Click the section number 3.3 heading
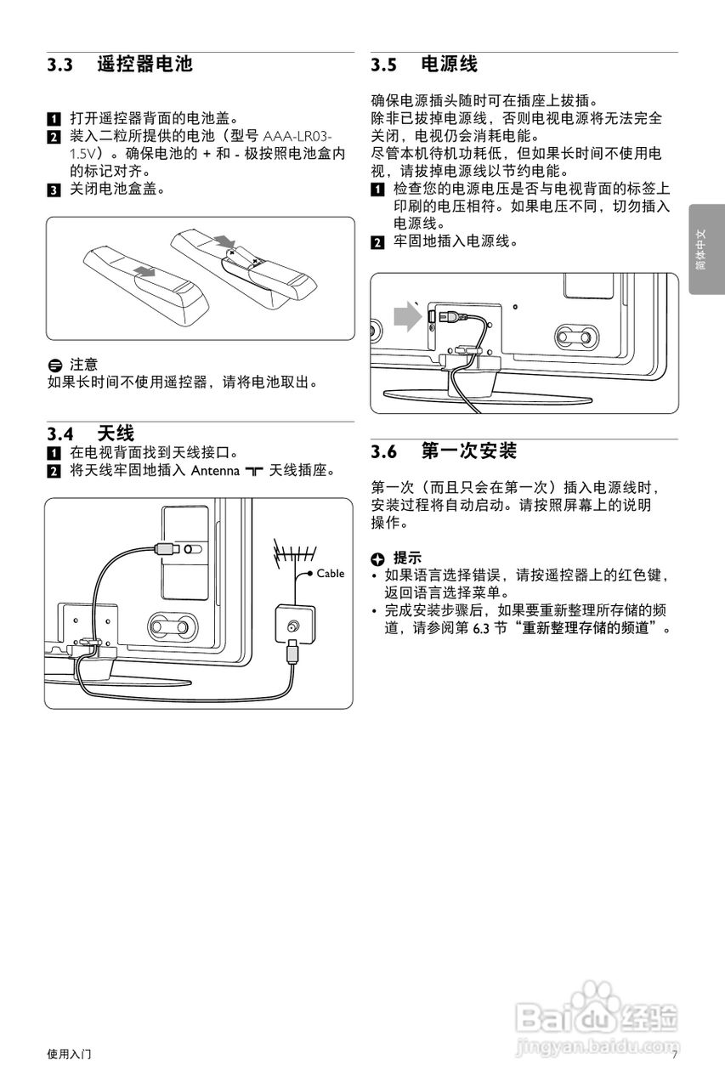pyautogui.click(x=61, y=65)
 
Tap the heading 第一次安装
pyautogui.click(x=469, y=450)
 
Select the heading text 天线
pyautogui.click(x=116, y=434)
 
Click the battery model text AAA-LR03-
pyautogui.click(x=298, y=137)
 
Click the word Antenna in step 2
pyautogui.click(x=215, y=471)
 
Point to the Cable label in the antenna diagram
pyautogui.click(x=331, y=574)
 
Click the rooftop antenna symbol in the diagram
pyautogui.click(x=289, y=557)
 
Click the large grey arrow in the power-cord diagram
pyautogui.click(x=408, y=319)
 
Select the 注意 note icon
pyautogui.click(x=55, y=365)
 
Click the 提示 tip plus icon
pyautogui.click(x=378, y=558)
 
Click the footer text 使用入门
pyautogui.click(x=70, y=1055)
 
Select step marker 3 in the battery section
pyautogui.click(x=54, y=189)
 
